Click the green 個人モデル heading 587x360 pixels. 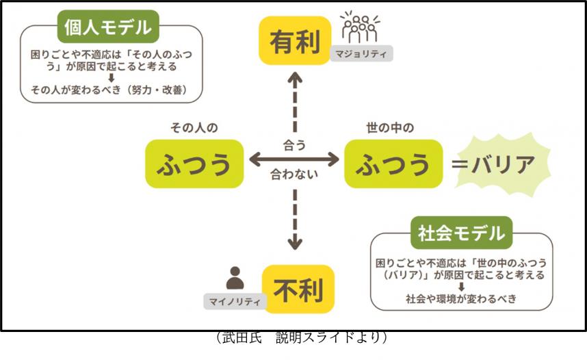click(x=107, y=28)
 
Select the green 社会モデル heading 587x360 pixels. click(x=460, y=233)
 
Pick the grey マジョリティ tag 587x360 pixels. click(x=361, y=54)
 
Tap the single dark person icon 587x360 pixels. click(x=235, y=277)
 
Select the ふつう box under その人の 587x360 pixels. click(x=194, y=164)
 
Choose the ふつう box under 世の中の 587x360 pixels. click(x=391, y=164)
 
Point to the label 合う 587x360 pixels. click(x=294, y=145)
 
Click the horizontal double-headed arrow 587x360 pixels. click(x=294, y=160)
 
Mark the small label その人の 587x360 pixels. click(x=194, y=127)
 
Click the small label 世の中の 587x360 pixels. click(x=391, y=127)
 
